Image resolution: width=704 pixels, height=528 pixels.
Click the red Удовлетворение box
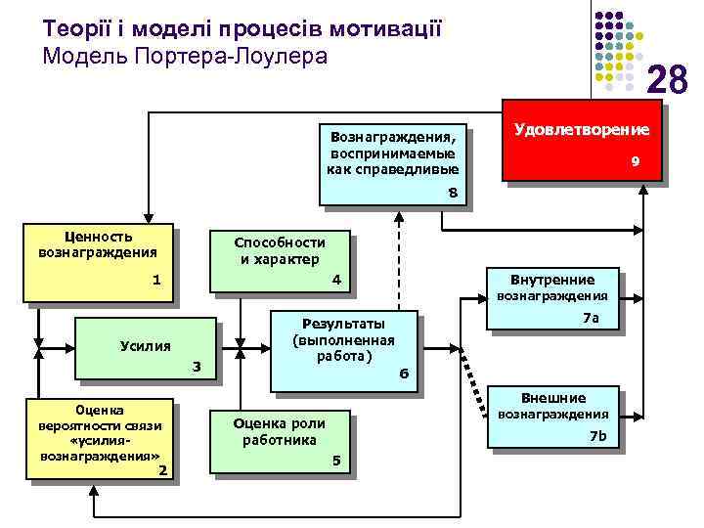click(581, 143)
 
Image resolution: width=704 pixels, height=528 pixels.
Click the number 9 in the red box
click(635, 161)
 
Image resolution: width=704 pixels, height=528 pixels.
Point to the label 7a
click(590, 319)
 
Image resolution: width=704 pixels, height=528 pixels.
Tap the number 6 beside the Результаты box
click(404, 374)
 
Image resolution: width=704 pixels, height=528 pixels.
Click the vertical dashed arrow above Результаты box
click(399, 259)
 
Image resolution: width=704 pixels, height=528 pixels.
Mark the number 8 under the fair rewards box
click(452, 192)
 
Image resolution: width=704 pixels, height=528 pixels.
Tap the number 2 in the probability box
click(162, 471)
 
